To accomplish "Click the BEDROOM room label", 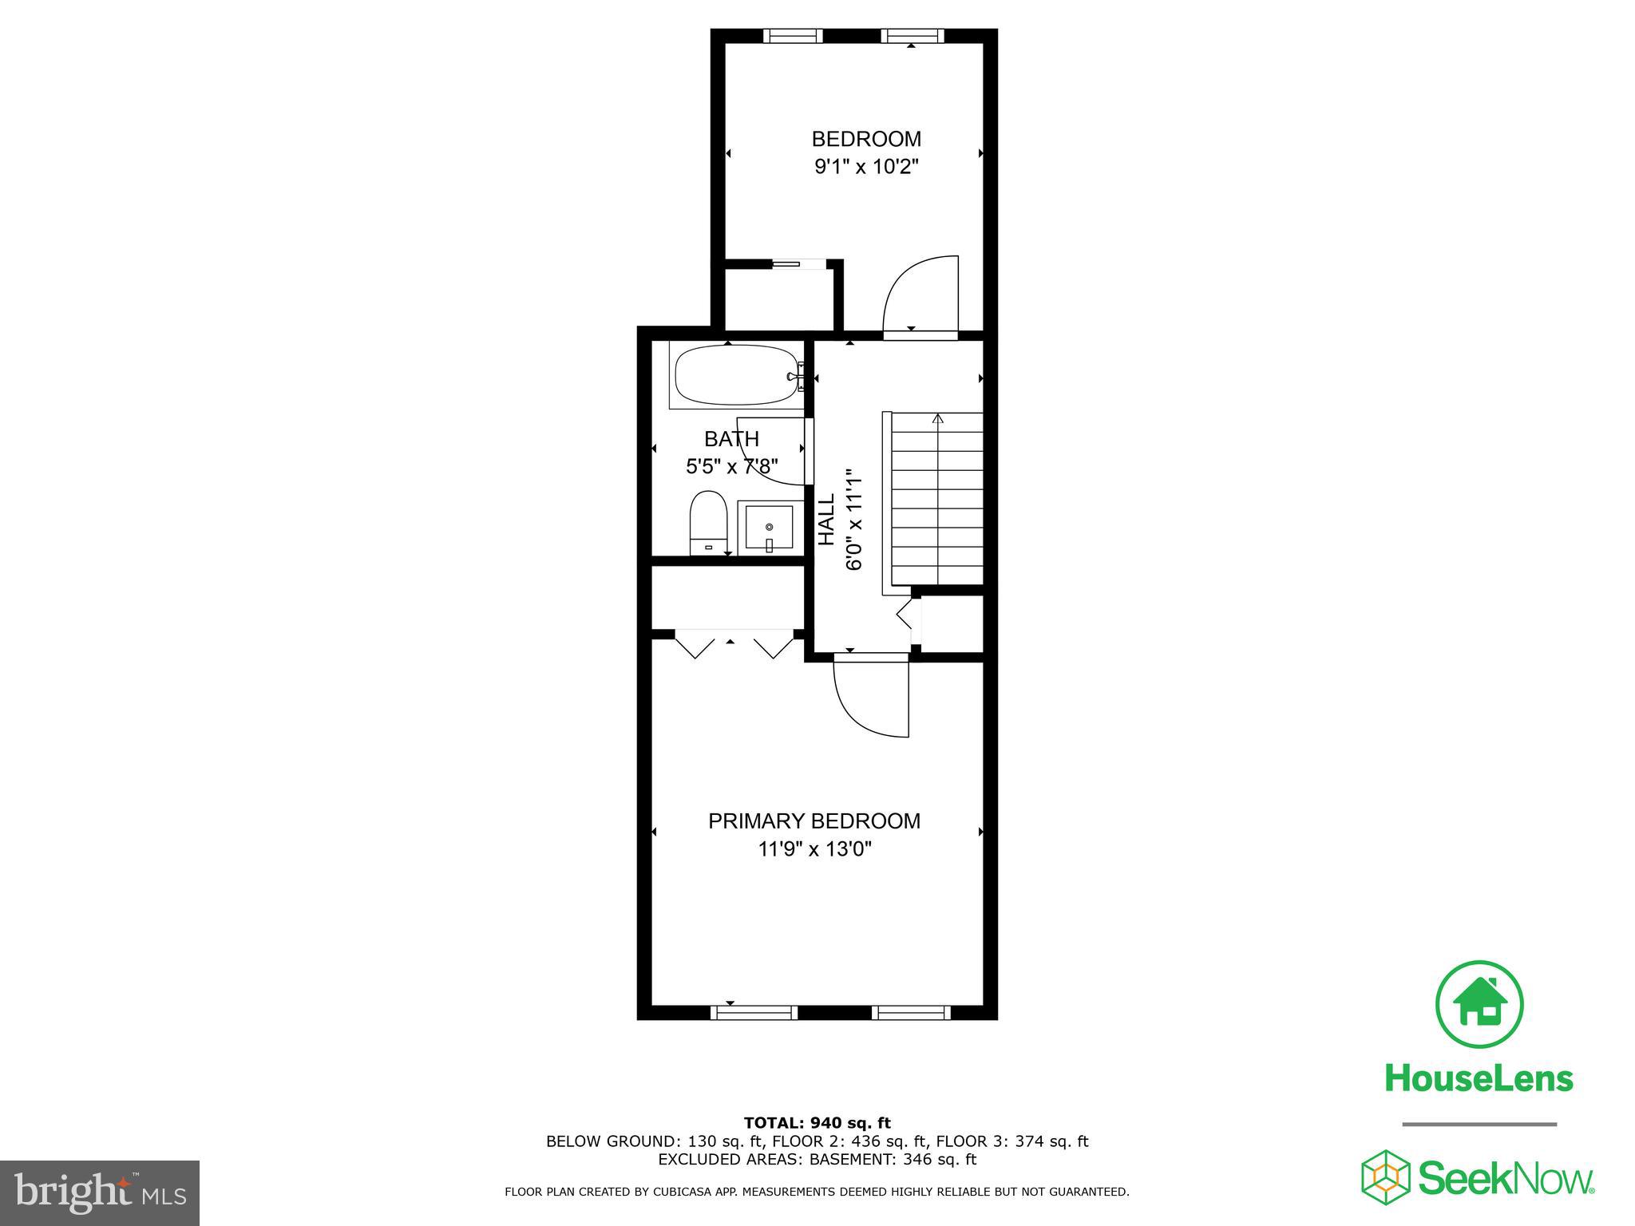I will coord(866,139).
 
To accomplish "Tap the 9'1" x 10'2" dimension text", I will coord(866,167).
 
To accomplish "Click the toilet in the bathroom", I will coord(708,523).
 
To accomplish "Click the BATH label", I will coord(731,439).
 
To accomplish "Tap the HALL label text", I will coord(827,520).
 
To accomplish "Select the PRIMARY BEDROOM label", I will coord(814,821).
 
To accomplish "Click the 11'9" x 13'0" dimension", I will coord(814,849).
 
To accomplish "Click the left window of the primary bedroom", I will coord(754,1012).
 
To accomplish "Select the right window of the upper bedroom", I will coord(912,36).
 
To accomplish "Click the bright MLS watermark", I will coord(100,1192).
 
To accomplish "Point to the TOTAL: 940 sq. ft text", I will coord(817,1123).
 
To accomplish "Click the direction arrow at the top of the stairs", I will coord(937,417).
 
